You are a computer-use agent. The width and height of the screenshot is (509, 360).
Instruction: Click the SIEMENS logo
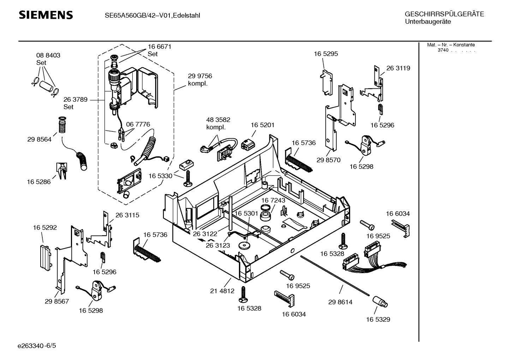[46, 15]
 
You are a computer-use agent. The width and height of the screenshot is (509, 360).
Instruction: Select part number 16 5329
[378, 319]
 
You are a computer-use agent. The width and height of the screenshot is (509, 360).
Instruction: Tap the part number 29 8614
[340, 302]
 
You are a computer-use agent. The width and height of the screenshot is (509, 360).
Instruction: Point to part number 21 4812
[222, 291]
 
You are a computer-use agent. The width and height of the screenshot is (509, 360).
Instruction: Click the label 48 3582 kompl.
[218, 123]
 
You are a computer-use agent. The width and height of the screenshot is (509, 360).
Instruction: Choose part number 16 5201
[262, 125]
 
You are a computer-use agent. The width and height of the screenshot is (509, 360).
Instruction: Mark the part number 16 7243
[273, 200]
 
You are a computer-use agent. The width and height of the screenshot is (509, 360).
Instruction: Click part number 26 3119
[398, 68]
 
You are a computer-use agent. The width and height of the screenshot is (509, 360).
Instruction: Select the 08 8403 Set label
[48, 59]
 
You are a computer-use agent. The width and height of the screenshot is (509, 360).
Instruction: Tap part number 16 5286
[38, 182]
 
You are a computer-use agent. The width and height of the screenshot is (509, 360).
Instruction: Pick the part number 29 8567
[56, 301]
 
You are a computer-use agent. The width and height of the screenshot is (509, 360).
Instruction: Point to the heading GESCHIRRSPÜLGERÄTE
[444, 14]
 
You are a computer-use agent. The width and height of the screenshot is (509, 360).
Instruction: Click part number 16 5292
[45, 228]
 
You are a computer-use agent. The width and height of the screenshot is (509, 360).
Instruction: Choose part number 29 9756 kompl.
[200, 79]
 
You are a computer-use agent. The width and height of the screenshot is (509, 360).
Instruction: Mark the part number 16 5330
[160, 176]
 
